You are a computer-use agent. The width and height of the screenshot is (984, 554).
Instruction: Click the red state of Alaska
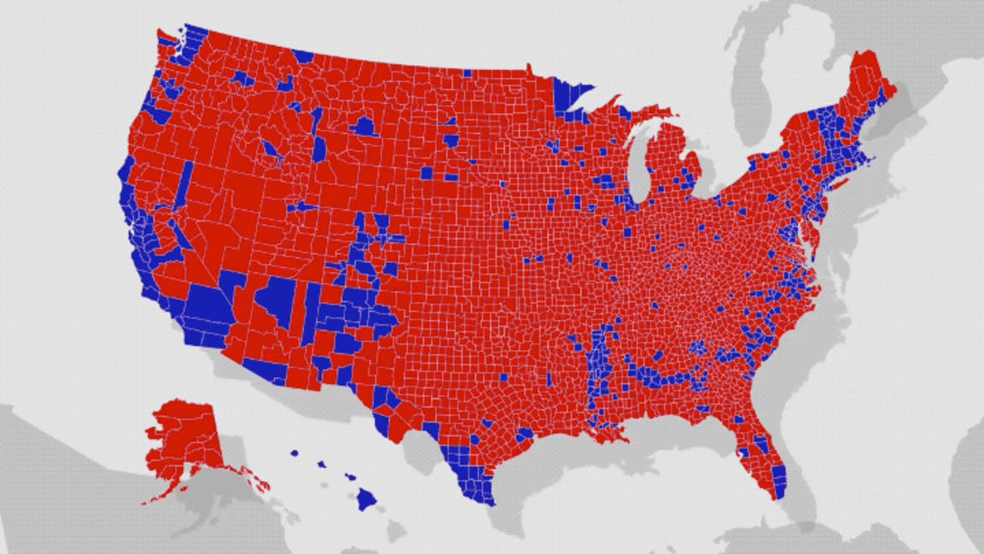point(183,440)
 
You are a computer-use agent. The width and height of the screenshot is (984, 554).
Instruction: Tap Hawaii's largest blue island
point(366,498)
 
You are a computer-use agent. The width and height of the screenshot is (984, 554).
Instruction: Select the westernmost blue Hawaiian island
point(294,454)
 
